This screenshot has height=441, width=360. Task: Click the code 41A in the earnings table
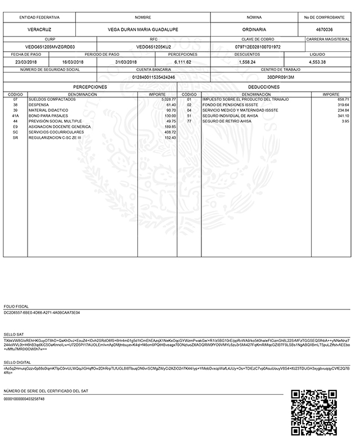pyautogui.click(x=15, y=115)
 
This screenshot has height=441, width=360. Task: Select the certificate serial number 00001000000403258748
pyautogui.click(x=24, y=398)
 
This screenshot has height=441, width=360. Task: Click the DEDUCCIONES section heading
pyautogui.click(x=263, y=87)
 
